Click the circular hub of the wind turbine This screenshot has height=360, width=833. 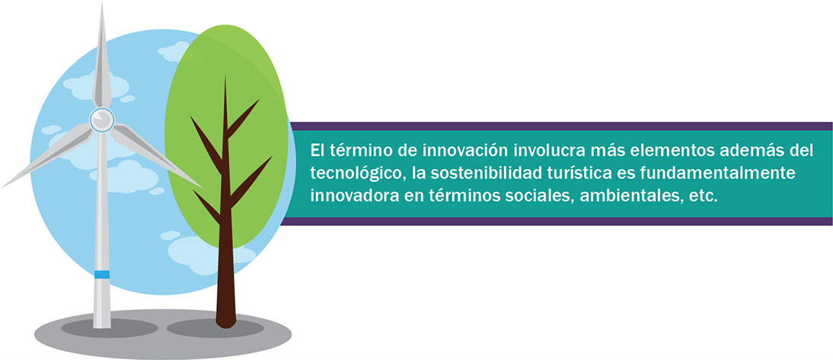point(101,119)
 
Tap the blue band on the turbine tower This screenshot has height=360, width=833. point(102,275)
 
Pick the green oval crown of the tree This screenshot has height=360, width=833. point(227,135)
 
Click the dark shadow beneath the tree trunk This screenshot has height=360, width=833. point(215,327)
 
